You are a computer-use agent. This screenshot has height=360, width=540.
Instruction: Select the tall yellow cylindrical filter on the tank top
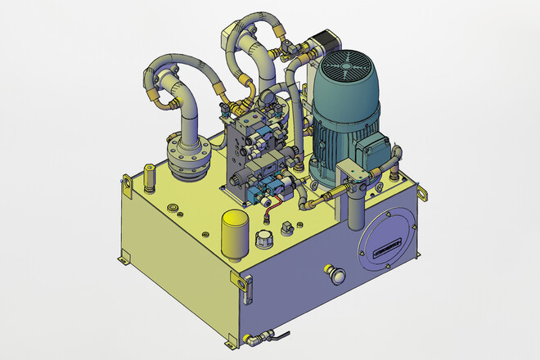235,232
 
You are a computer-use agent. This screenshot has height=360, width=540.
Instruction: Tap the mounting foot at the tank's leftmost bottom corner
122,260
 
